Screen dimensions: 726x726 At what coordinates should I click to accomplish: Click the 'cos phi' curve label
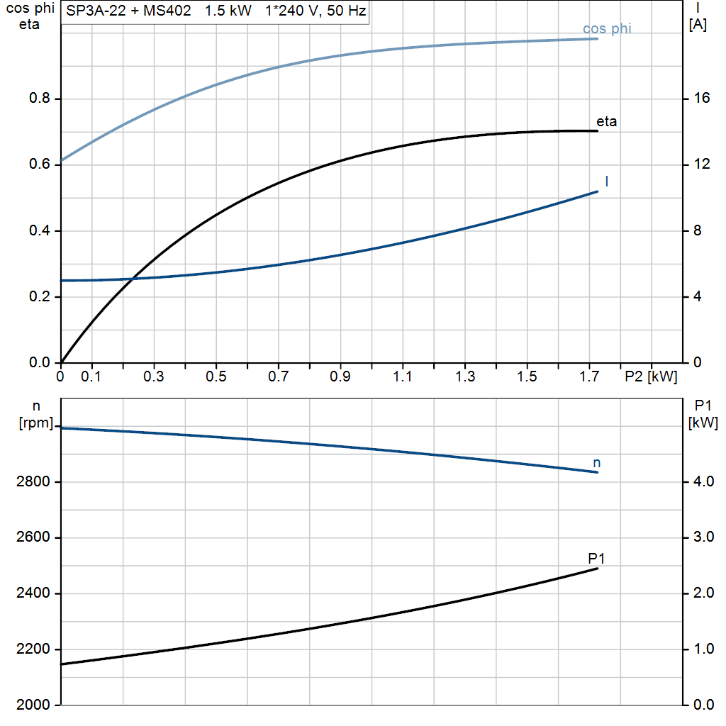click(607, 29)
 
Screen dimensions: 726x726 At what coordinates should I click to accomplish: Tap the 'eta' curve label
click(607, 121)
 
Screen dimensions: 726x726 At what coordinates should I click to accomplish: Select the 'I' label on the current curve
click(607, 181)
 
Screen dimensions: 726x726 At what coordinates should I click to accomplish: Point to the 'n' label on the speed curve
click(597, 462)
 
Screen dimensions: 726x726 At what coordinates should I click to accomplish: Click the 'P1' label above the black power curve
click(596, 558)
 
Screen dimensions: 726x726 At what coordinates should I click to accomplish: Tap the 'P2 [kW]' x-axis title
click(651, 376)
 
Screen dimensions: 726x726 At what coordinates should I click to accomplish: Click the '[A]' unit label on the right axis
click(698, 25)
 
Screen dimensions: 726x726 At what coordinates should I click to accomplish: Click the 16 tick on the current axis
click(701, 99)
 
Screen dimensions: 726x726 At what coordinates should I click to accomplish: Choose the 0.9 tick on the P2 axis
click(340, 376)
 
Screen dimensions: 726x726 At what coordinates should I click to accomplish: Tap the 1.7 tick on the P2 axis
click(589, 376)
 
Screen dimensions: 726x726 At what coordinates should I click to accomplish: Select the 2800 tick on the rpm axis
click(33, 482)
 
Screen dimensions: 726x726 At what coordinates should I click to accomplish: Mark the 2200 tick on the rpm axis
click(33, 649)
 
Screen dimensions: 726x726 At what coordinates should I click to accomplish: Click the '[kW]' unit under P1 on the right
click(703, 423)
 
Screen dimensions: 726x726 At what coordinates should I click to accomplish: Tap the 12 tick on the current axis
click(701, 164)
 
